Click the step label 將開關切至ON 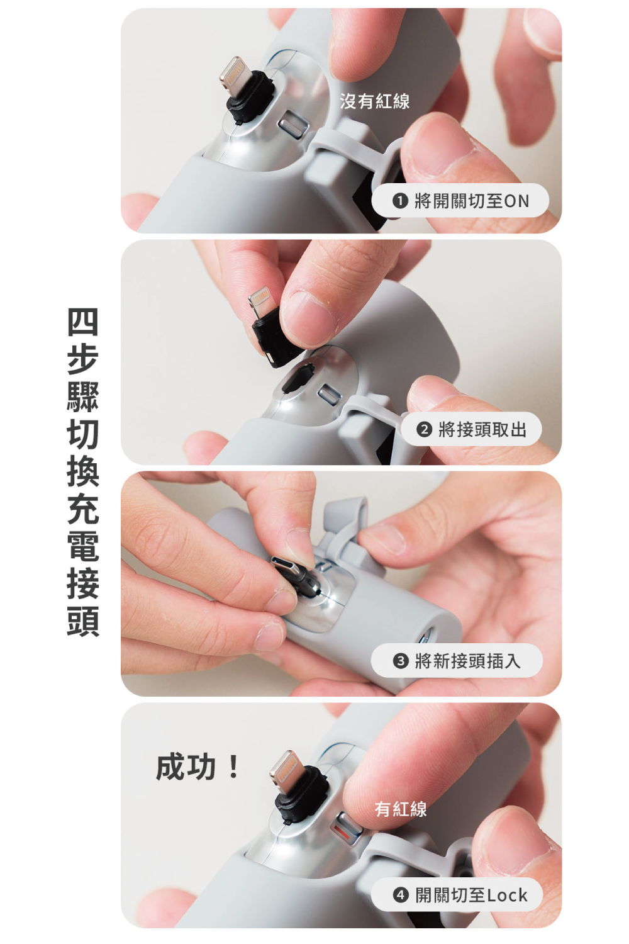471,201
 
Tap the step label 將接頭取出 482,429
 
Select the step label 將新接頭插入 467,661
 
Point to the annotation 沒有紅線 374,101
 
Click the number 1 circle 400,201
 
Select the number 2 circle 425,429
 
